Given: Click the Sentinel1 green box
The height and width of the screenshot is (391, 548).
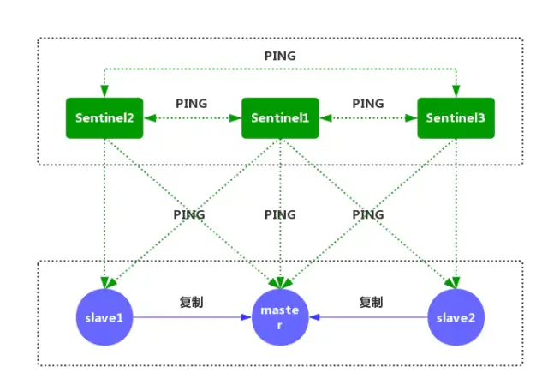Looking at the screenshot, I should (280, 118).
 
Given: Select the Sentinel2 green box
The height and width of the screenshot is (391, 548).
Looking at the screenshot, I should (104, 118).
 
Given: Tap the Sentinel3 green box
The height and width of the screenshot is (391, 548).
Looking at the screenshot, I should (456, 118).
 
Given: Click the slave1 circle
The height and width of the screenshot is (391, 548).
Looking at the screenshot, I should (104, 317).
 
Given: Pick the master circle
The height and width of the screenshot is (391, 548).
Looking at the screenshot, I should (280, 317).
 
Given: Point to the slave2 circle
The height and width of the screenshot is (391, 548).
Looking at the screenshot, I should (456, 317).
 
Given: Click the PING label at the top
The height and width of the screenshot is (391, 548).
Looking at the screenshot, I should (279, 56).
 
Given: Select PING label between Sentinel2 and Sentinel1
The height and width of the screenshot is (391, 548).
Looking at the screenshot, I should (192, 103).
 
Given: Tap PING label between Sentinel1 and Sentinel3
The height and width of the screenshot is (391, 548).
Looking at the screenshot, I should (368, 103).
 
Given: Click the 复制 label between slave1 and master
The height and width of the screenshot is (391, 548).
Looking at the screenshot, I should (192, 302).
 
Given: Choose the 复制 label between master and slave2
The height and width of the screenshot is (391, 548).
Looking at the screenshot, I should (370, 302).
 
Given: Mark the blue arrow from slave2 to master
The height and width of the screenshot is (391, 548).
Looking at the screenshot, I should (368, 317).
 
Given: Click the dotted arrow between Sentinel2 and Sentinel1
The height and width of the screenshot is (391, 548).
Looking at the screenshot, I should (192, 118).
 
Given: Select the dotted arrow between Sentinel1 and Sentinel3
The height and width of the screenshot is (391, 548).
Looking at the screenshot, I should (368, 118).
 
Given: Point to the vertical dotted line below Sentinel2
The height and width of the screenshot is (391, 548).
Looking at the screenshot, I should (104, 214).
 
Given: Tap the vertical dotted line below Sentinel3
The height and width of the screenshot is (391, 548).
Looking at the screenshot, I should (456, 214).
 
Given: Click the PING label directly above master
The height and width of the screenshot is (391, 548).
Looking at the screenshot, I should (280, 214).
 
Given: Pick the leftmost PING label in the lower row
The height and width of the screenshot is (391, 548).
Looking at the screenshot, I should (190, 214).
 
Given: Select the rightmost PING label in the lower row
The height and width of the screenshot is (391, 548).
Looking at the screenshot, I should (368, 214).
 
